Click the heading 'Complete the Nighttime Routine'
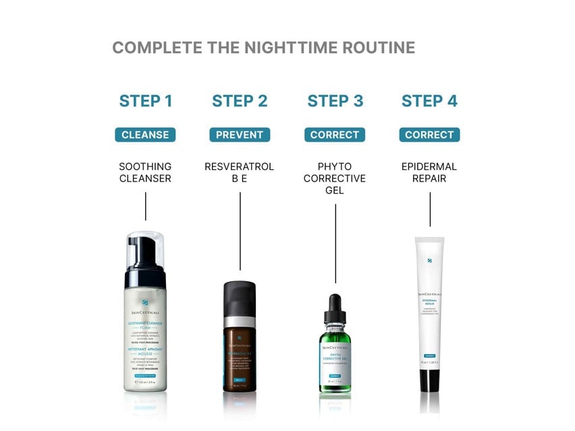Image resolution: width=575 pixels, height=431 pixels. [x=263, y=48]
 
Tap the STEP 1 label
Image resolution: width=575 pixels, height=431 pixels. [x=146, y=101]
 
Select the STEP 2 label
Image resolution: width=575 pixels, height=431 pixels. [x=240, y=101]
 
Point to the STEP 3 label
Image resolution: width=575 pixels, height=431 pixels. [x=335, y=101]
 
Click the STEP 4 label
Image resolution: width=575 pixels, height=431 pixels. [x=429, y=101]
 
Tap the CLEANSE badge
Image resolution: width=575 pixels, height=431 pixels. [x=145, y=135]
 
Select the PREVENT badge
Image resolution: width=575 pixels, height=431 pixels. [x=240, y=135]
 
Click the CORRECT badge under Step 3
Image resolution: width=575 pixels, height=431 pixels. [x=335, y=135]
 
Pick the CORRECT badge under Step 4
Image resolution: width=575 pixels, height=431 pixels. [x=429, y=135]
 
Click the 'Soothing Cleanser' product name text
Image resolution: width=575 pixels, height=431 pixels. [x=145, y=173]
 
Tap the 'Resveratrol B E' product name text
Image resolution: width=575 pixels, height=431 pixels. [x=240, y=173]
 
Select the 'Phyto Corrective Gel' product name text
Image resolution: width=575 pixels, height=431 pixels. [x=335, y=179]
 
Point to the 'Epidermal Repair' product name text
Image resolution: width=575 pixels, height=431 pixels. [x=429, y=173]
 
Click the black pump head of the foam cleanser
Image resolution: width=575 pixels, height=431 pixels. [x=145, y=260]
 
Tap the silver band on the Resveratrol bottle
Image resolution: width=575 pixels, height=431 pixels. [x=240, y=322]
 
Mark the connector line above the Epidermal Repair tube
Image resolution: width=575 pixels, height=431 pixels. [x=430, y=209]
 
